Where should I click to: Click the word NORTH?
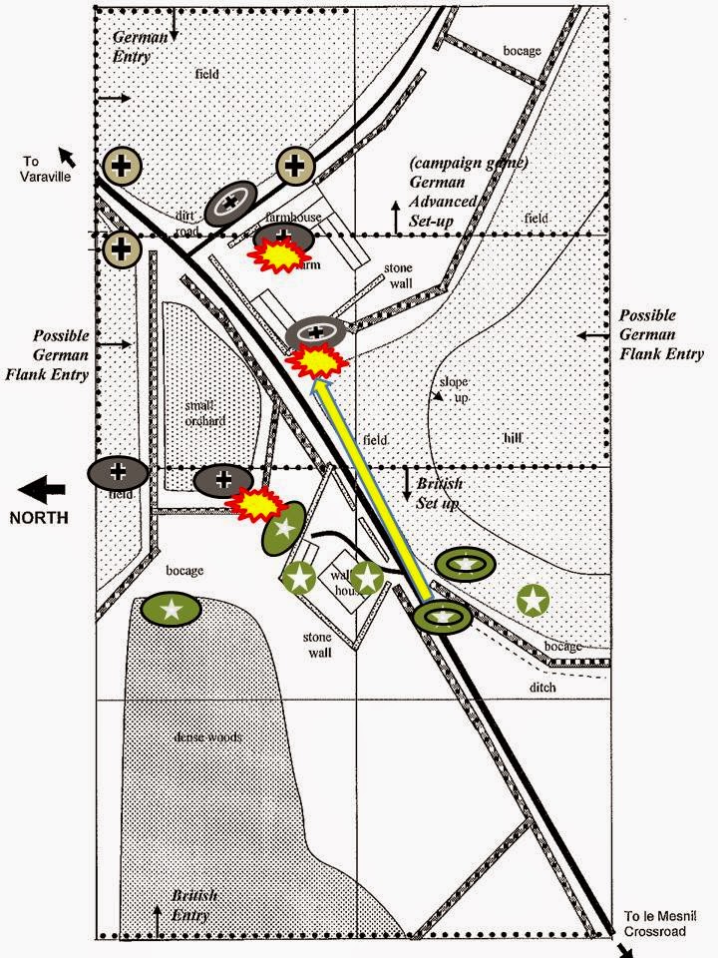click(x=38, y=517)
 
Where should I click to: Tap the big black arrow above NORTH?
click(x=42, y=490)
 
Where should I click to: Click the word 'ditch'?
click(x=544, y=688)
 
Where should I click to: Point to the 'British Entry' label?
click(x=194, y=903)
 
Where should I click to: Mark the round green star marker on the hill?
click(x=535, y=600)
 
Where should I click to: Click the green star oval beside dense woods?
click(x=172, y=609)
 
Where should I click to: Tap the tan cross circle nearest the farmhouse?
click(x=295, y=166)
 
